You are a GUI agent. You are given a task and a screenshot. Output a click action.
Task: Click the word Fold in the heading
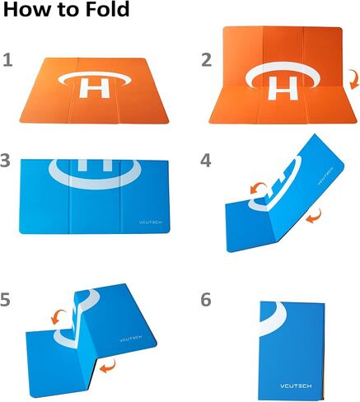tap(106, 9)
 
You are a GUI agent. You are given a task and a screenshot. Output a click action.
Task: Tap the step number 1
tap(8, 60)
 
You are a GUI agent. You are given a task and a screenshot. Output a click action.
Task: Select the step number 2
tap(207, 60)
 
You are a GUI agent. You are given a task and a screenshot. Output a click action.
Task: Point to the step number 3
tap(5, 161)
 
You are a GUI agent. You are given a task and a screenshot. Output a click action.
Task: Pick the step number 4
tap(206, 161)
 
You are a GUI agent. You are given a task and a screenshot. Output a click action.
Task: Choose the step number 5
tap(5, 299)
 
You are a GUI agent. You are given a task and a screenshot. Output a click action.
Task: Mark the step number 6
tap(206, 299)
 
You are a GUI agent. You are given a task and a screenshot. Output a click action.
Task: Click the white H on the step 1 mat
tap(94, 88)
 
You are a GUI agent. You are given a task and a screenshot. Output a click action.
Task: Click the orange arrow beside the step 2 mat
tap(353, 79)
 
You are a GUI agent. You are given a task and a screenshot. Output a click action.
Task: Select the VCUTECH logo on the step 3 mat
tap(150, 222)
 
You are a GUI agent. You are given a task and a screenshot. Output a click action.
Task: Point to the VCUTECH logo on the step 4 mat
tap(325, 175)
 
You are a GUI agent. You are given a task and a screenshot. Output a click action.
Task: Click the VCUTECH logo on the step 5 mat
tap(131, 339)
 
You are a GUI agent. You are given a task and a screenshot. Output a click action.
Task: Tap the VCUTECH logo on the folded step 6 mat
tap(296, 386)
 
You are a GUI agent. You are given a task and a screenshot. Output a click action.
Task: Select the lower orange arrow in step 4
tap(314, 216)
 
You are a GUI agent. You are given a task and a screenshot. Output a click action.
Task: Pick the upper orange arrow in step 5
tap(58, 316)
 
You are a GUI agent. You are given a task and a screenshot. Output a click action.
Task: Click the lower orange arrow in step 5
tap(108, 367)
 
